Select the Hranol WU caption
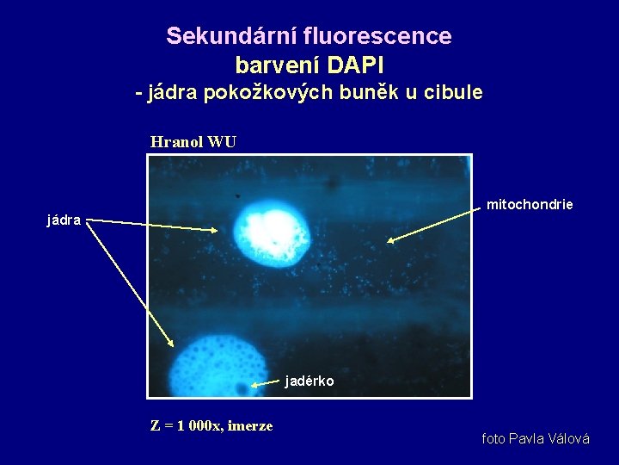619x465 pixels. point(193,142)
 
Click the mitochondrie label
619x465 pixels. point(529,205)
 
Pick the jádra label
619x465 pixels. point(64,220)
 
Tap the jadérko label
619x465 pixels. point(309,381)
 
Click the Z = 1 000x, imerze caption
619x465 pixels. point(211,425)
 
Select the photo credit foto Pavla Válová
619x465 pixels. point(536,439)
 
